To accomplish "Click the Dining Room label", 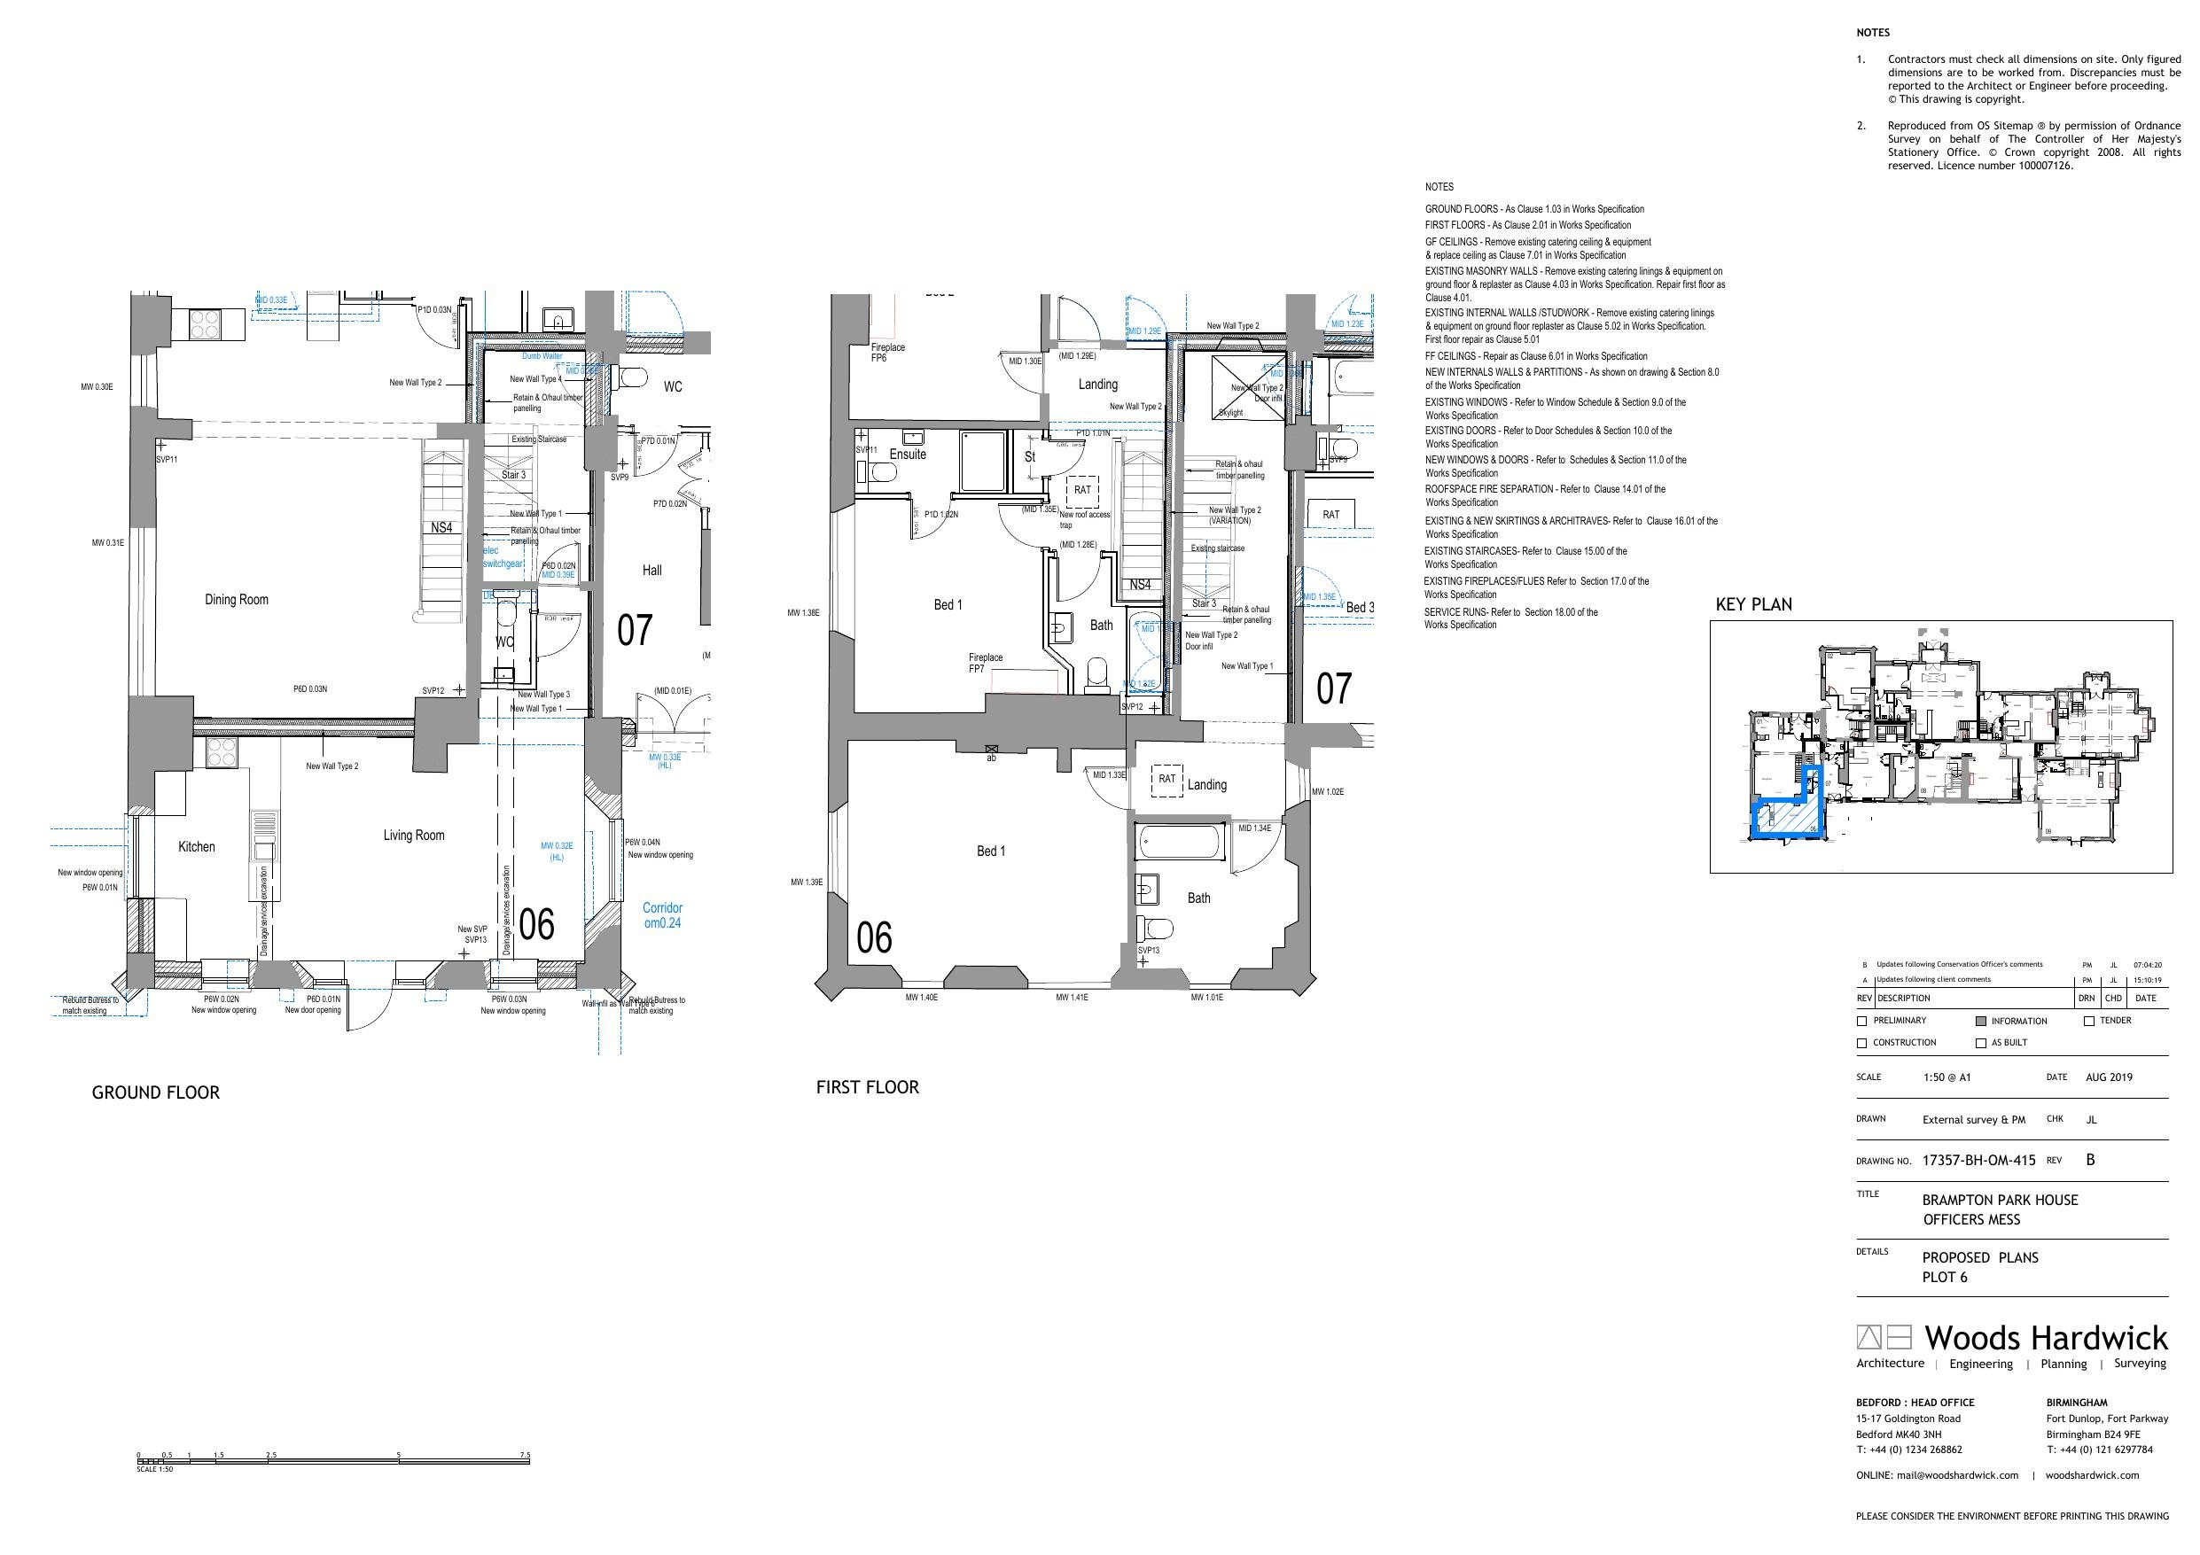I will coord(237,600).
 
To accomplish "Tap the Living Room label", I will coord(414,836).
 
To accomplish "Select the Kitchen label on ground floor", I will coord(197,847).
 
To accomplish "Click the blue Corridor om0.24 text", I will coord(662,915).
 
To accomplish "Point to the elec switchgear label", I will coord(502,557).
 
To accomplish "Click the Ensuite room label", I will coord(908,455).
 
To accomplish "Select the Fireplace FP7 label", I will coord(985,663).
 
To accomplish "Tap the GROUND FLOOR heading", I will coord(155,1092).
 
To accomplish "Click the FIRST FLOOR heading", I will coord(867,1087).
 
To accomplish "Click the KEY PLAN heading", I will coord(1753,604).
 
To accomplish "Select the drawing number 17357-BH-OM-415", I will coord(1978,1160).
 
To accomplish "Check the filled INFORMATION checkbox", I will coord(1980,1022).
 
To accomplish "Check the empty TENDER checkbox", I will coord(2089,1022).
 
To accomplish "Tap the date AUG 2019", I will coord(2109,1077).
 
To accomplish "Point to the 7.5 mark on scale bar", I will coord(525,1456).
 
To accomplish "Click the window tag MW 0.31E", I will coord(108,543).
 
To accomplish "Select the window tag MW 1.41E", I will coord(1073,998).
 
